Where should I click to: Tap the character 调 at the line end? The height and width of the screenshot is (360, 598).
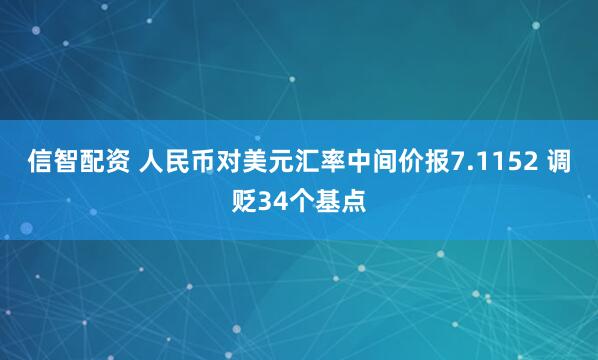(560, 164)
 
